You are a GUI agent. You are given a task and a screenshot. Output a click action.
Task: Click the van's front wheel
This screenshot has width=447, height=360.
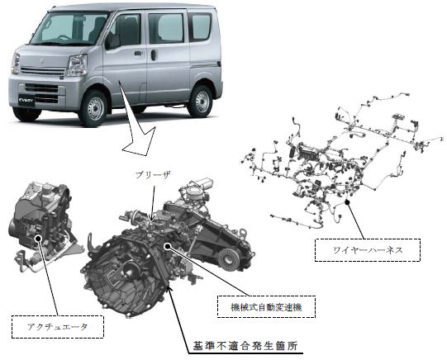[93, 108]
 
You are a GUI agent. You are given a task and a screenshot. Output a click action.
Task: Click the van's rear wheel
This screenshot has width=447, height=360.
[201, 101]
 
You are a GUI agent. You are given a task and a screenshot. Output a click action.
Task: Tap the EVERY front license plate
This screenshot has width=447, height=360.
[26, 100]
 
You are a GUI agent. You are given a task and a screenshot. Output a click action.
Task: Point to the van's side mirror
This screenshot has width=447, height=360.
[113, 41]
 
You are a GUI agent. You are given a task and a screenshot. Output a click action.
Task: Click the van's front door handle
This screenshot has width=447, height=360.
[138, 54]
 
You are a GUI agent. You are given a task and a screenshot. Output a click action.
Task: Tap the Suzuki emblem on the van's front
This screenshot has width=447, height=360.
[42, 61]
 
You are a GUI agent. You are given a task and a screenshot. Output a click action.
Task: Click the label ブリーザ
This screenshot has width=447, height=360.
[153, 175]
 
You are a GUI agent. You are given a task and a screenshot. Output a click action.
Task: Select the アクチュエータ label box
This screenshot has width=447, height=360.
[58, 327]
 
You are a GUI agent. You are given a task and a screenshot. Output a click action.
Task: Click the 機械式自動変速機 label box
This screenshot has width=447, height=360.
[266, 306]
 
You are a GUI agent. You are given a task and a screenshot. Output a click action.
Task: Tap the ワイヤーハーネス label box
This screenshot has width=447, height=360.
[368, 250]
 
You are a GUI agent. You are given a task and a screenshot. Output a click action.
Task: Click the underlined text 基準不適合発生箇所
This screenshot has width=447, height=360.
[245, 346]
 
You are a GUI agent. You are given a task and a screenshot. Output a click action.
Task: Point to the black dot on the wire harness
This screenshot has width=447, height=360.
[347, 202]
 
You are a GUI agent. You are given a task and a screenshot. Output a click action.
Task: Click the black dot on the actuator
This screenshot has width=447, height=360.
[38, 238]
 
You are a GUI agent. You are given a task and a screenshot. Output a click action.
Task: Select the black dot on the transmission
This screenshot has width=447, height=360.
[168, 245]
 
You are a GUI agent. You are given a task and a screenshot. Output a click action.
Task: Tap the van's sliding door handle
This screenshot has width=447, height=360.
[154, 55]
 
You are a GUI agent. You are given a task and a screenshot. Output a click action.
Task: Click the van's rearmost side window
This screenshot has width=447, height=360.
[201, 26]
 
